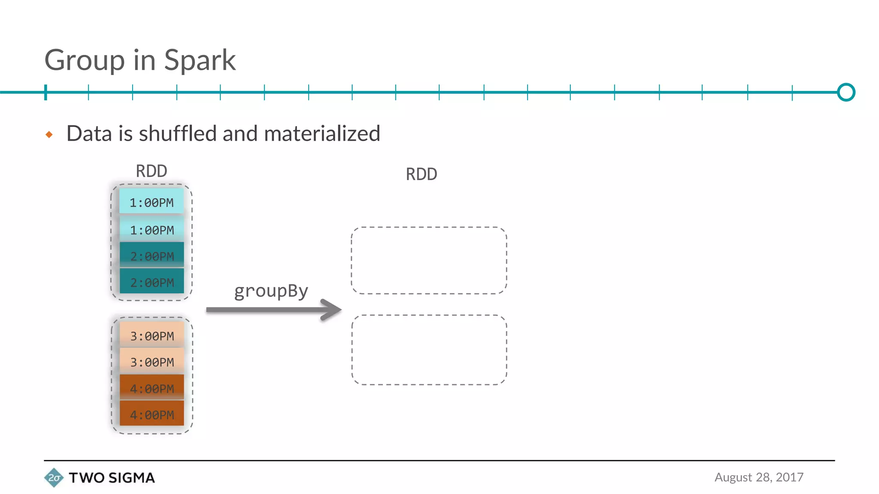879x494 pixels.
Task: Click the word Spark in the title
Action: [x=200, y=60]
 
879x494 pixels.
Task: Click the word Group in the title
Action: [x=85, y=61]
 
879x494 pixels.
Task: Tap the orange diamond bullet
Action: [x=49, y=135]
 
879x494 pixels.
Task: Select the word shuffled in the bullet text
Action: [x=178, y=133]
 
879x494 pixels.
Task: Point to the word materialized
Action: [x=322, y=133]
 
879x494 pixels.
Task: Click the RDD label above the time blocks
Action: [x=152, y=171]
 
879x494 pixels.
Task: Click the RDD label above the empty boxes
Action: [x=421, y=175]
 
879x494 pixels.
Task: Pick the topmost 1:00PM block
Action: [x=152, y=202]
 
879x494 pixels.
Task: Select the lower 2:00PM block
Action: [x=152, y=282]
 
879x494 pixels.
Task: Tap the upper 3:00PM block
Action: [x=152, y=336]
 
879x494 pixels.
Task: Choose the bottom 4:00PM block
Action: [x=152, y=415]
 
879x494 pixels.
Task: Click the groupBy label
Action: [x=271, y=292]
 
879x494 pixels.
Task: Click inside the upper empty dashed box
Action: [x=429, y=260]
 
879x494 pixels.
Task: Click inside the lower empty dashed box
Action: [x=429, y=350]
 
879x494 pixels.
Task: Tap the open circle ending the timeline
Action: [x=846, y=92]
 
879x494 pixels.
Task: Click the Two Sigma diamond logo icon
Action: [x=54, y=478]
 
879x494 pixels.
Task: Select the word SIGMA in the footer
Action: [x=131, y=478]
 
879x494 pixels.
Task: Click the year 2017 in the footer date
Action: [x=789, y=477]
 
